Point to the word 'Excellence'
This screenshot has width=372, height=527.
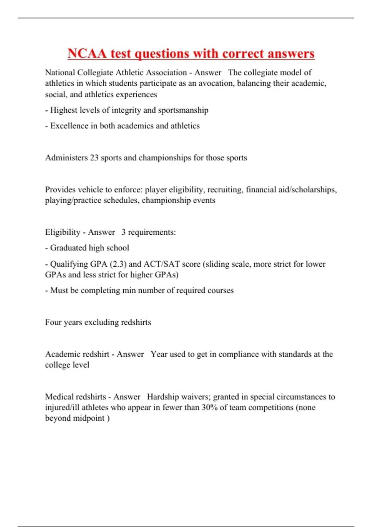coord(69,126)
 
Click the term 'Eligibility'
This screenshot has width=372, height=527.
coord(63,232)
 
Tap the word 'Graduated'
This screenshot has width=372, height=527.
coord(68,248)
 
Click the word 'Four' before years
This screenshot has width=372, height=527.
coord(53,322)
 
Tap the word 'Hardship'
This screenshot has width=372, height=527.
coord(163,397)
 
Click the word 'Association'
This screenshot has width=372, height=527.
coord(166,73)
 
